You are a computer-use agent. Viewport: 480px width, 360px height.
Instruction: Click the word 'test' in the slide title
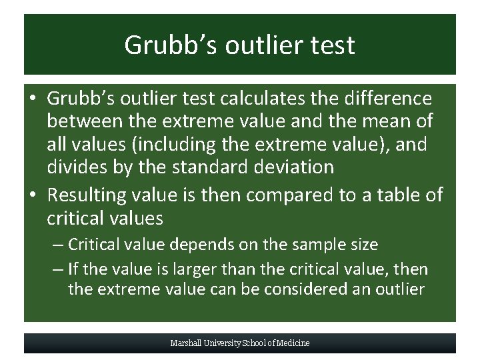pos(331,45)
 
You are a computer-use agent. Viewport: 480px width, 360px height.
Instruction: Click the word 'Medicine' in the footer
pos(293,343)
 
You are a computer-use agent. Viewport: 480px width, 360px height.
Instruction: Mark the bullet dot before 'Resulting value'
pos(33,195)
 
